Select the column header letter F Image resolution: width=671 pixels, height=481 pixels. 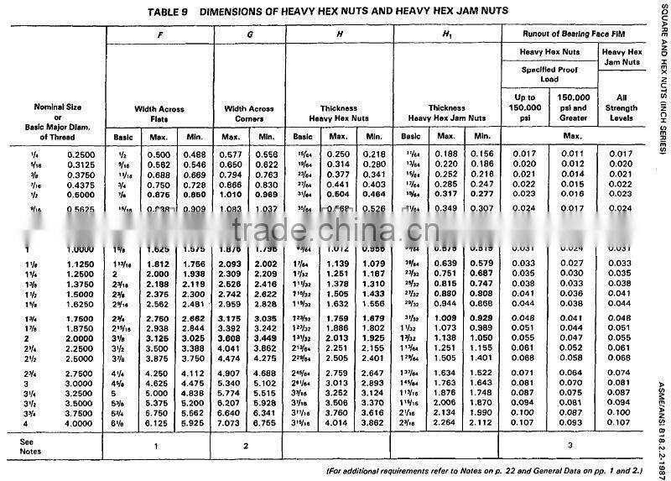click(x=159, y=35)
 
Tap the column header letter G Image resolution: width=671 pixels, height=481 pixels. click(x=250, y=35)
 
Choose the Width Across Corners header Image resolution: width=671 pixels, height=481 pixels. click(x=249, y=113)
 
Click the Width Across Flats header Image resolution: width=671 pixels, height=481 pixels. click(x=159, y=113)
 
